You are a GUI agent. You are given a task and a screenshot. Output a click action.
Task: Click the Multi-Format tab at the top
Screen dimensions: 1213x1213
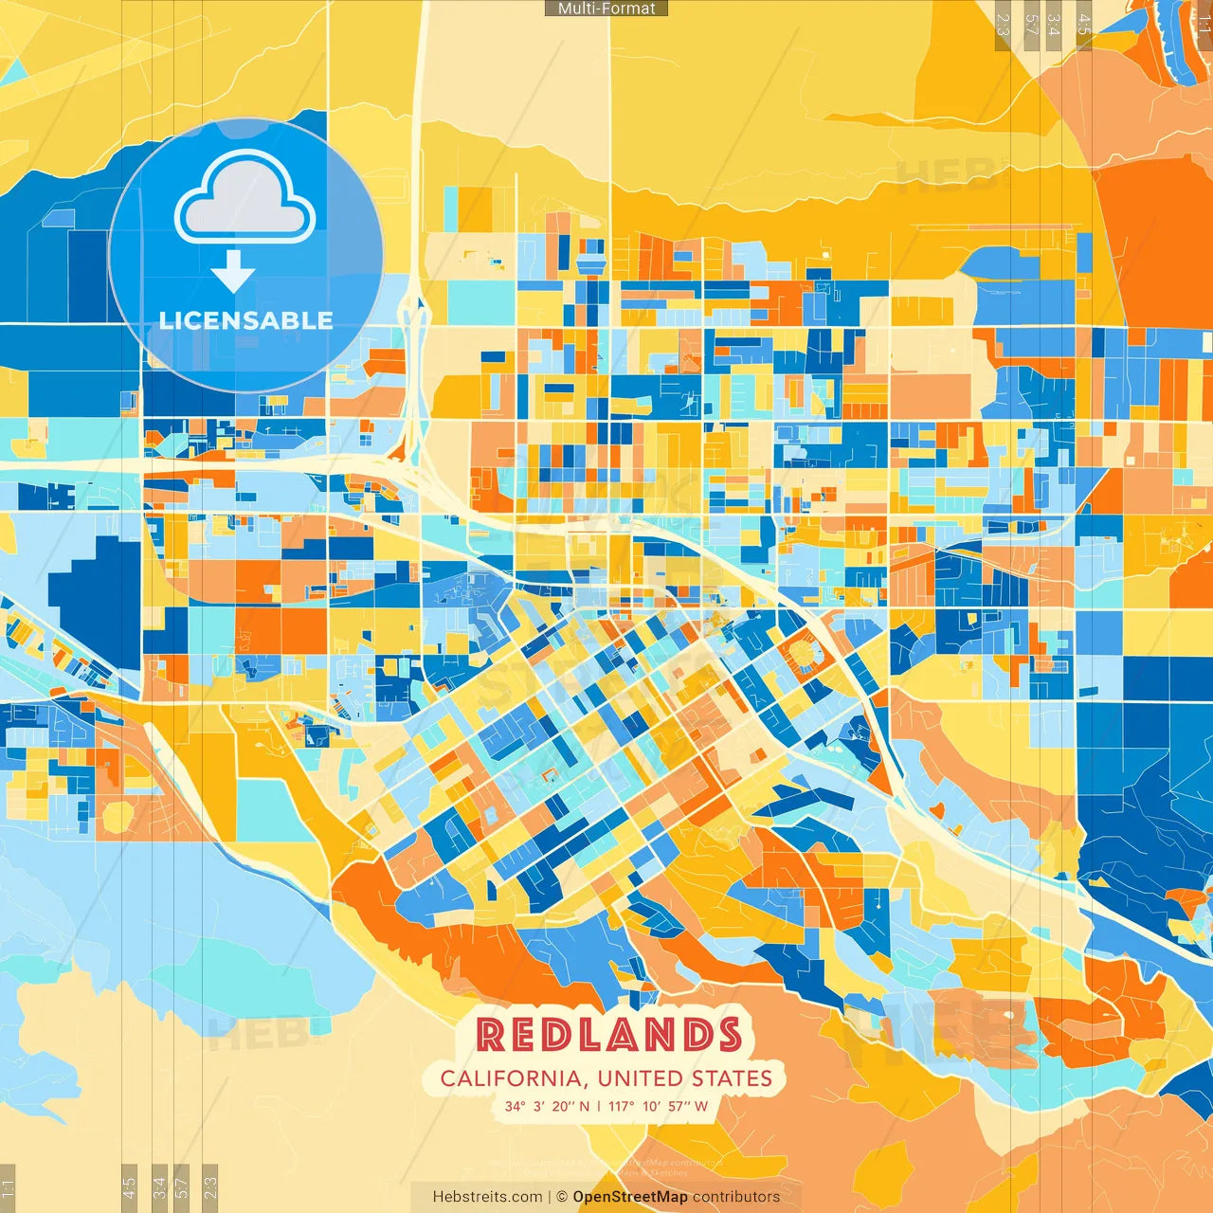pos(606,9)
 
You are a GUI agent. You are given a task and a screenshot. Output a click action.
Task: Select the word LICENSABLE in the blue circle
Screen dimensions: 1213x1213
pos(245,320)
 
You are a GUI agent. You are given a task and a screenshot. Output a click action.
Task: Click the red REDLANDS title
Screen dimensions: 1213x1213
pos(607,1035)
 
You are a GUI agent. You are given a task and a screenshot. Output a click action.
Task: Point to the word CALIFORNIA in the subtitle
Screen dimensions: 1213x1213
pos(511,1078)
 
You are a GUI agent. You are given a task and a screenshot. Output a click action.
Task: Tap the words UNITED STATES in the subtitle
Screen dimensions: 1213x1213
pos(684,1078)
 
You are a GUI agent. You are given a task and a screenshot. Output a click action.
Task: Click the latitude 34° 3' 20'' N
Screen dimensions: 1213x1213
pos(547,1106)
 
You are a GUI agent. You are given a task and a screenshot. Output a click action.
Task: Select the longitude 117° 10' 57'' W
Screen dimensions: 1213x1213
pos(658,1106)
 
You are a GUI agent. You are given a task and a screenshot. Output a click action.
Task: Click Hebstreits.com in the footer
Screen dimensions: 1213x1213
pos(487,1197)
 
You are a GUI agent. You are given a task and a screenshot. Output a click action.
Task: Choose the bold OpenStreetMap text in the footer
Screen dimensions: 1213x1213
pos(630,1197)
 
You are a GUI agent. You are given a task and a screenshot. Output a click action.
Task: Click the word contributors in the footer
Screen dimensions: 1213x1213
pos(736,1197)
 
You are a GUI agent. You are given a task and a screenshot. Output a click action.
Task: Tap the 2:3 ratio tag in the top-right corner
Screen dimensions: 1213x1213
pos(1004,23)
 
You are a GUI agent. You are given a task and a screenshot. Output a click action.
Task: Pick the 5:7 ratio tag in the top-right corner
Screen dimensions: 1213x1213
pos(1031,23)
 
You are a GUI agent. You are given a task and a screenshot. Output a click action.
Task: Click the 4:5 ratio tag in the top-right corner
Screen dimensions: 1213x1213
pos(1084,23)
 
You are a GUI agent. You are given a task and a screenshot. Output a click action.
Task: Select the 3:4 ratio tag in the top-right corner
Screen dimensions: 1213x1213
pos(1055,23)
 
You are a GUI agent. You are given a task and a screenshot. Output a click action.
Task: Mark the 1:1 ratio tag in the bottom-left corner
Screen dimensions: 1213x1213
pos(8,1188)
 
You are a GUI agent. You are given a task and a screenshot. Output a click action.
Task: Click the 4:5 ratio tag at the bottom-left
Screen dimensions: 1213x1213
pos(129,1186)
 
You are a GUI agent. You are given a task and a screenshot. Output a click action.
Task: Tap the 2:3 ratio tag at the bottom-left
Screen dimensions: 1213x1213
pos(210,1186)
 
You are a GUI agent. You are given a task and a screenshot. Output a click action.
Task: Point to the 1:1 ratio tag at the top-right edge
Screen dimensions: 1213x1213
pos(1204,23)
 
